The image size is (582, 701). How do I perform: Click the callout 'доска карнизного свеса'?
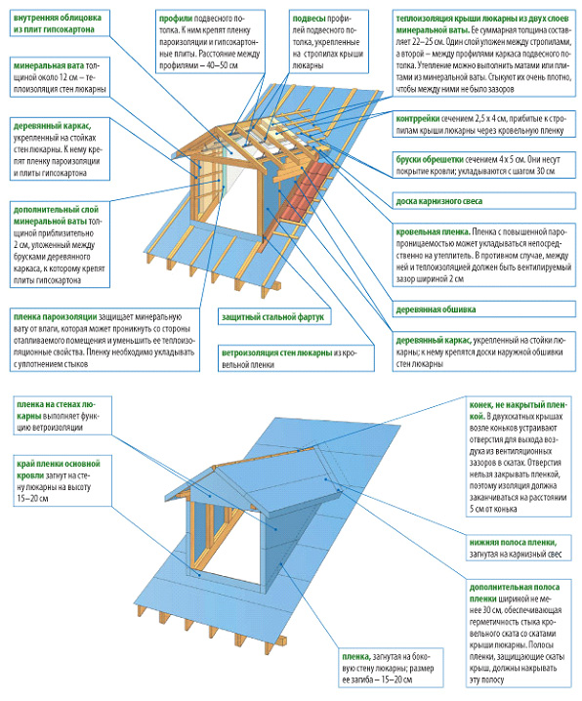click(484, 201)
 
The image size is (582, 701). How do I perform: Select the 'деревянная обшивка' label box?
click(484, 309)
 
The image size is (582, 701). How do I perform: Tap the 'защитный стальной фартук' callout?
click(273, 317)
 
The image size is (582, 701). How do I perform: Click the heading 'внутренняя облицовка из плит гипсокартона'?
click(58, 23)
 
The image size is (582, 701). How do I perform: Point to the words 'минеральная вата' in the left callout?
click(49, 65)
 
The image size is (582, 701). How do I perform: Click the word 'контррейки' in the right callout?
click(418, 119)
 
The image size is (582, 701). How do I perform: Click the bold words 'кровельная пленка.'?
click(433, 232)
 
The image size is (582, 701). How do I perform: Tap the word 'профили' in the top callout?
click(176, 19)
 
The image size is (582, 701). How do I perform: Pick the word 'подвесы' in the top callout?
click(309, 19)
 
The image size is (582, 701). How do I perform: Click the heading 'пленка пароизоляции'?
click(55, 317)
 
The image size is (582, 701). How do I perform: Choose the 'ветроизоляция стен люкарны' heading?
click(276, 352)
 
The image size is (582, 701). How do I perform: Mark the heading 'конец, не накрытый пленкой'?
click(519, 410)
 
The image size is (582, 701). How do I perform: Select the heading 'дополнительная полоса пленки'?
click(514, 593)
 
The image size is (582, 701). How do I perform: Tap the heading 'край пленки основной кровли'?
click(59, 470)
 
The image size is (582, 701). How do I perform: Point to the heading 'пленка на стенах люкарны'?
click(56, 410)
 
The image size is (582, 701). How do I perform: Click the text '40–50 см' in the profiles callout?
click(222, 65)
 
